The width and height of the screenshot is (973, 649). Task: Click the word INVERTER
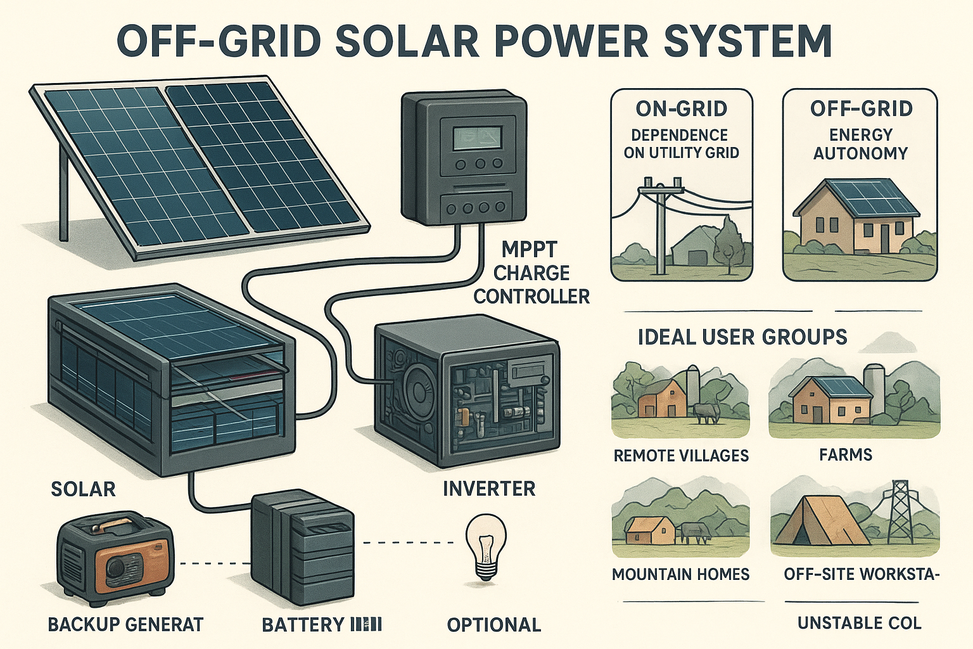pyautogui.click(x=489, y=489)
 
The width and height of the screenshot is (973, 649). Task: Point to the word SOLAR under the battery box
pyautogui.click(x=83, y=489)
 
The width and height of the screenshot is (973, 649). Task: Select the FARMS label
pyautogui.click(x=846, y=455)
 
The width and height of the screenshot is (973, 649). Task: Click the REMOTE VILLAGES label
pyautogui.click(x=681, y=456)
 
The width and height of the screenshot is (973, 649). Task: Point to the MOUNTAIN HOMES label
pyautogui.click(x=680, y=574)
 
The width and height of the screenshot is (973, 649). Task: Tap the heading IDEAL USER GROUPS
pyautogui.click(x=742, y=337)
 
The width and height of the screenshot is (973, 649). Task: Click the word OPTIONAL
pyautogui.click(x=494, y=625)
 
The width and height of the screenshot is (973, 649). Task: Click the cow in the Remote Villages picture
pyautogui.click(x=705, y=413)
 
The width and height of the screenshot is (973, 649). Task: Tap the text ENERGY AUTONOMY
pyautogui.click(x=860, y=144)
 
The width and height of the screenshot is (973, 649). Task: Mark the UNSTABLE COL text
pyautogui.click(x=859, y=623)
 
